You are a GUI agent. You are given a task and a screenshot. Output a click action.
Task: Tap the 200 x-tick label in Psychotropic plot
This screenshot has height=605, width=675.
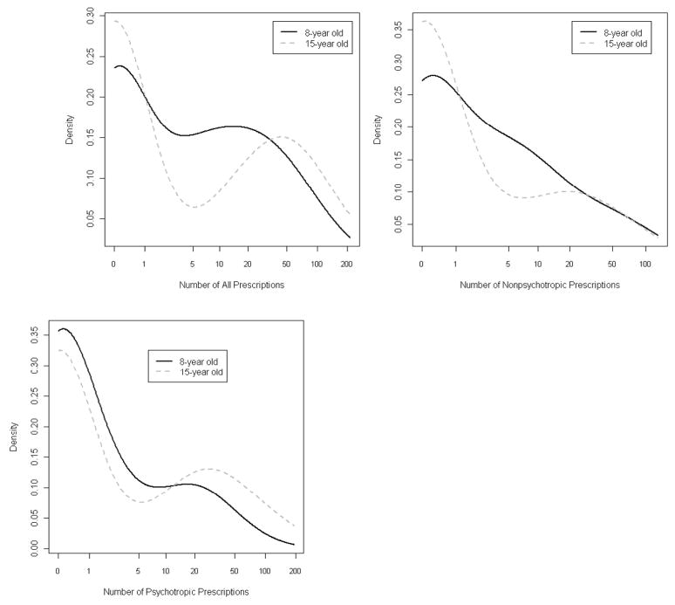tap(295, 571)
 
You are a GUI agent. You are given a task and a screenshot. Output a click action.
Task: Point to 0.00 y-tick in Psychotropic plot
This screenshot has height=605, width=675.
tap(36, 547)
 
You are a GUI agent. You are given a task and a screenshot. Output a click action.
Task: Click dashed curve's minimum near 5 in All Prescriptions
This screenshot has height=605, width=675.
tap(194, 207)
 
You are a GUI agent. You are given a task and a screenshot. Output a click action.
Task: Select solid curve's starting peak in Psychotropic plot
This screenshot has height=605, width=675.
tap(62, 329)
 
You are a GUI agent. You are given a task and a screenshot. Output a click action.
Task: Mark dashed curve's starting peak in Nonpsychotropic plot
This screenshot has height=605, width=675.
tap(425, 21)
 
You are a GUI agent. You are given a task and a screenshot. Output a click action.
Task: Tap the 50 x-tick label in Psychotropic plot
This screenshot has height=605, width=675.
tap(234, 571)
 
